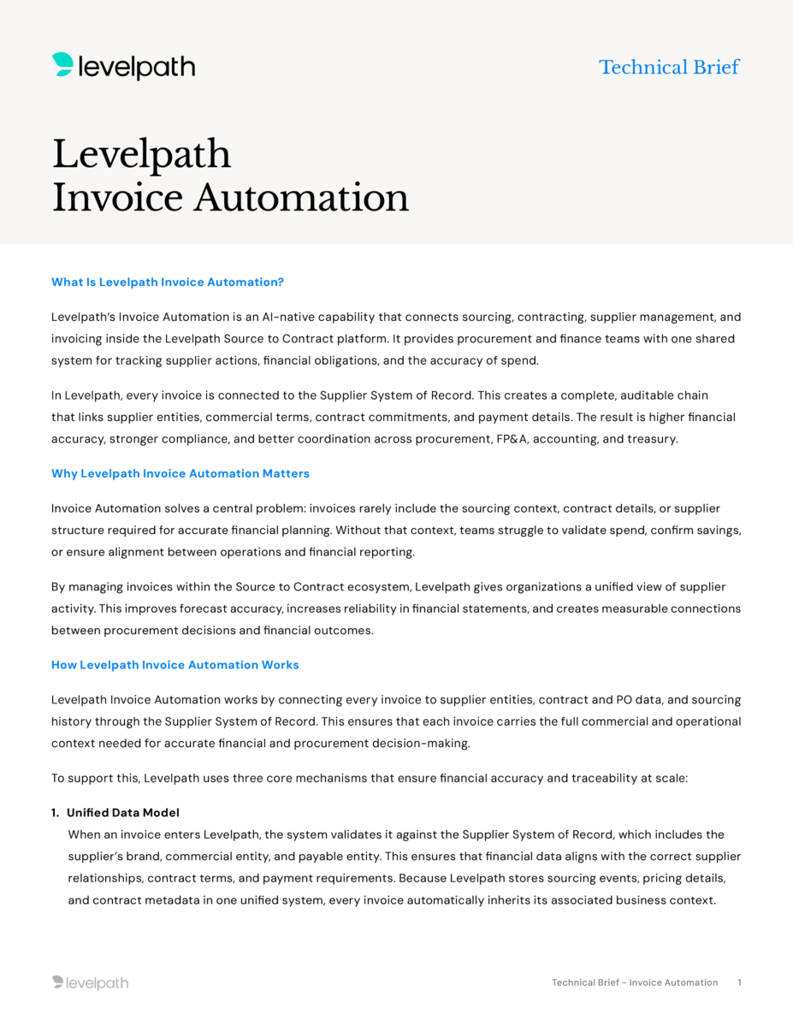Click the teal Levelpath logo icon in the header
(62, 65)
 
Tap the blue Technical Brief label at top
(669, 67)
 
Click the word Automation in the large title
(301, 198)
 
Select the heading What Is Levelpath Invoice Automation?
(168, 282)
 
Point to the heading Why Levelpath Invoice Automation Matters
(180, 473)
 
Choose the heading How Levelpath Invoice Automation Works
(175, 665)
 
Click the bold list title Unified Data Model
(123, 812)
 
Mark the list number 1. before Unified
(56, 812)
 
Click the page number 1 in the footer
(739, 982)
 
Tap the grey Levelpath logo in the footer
(90, 982)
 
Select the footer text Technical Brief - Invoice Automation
(635, 982)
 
